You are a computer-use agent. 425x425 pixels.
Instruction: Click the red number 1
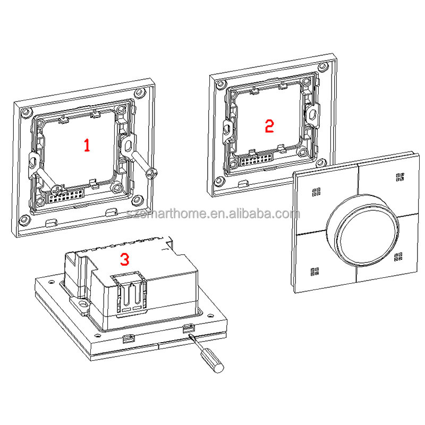87,144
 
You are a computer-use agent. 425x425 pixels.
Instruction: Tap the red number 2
269,126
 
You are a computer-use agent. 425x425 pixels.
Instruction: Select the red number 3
124,259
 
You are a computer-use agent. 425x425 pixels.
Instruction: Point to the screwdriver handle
214,364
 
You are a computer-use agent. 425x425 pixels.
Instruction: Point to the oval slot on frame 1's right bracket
129,145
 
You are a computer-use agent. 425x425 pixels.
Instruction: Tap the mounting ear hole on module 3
83,306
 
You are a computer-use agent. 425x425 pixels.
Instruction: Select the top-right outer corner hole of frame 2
321,67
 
